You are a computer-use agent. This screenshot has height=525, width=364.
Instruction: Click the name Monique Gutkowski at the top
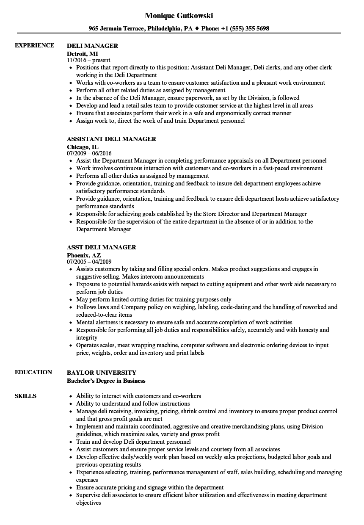click(179, 16)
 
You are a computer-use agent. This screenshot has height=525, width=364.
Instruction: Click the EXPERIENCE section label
click(34, 45)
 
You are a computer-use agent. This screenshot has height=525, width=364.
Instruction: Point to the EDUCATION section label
click(33, 372)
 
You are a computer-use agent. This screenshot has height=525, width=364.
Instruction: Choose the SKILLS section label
click(25, 396)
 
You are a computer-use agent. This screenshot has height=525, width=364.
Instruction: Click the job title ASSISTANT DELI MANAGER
click(111, 139)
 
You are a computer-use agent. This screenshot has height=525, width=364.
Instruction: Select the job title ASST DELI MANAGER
click(102, 247)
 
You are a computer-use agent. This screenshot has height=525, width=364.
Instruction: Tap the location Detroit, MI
click(83, 53)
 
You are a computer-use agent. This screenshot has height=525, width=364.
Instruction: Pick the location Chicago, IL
click(83, 146)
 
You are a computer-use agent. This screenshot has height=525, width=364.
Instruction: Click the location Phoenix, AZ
click(84, 255)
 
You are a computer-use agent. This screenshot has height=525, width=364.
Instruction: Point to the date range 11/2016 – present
click(88, 61)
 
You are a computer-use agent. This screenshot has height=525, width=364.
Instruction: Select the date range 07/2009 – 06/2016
click(89, 153)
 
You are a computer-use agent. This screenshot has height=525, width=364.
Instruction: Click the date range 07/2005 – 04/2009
click(89, 262)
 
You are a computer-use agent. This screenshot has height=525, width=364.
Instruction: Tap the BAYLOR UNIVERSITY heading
click(102, 373)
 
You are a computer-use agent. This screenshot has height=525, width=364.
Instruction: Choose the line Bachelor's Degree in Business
click(106, 380)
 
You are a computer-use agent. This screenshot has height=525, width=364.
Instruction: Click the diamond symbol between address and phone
click(197, 29)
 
